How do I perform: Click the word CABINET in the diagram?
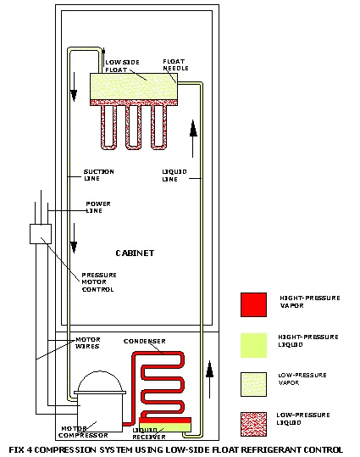pos(133,254)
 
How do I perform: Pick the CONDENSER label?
pos(142,341)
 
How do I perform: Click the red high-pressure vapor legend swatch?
pos(254,304)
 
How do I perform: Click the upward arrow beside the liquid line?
pos(193,128)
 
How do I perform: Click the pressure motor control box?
pos(41,233)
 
